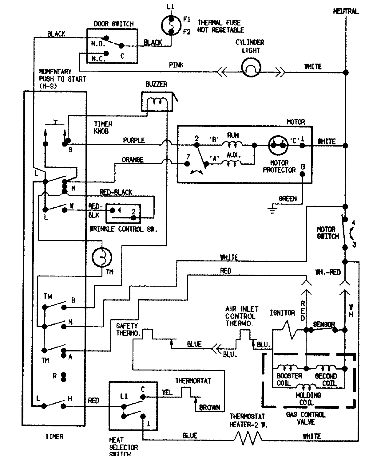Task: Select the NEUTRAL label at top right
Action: [x=346, y=11]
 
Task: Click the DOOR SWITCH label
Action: [x=113, y=24]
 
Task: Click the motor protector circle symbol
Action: [x=278, y=145]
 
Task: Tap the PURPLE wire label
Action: [x=134, y=140]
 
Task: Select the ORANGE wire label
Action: [x=133, y=160]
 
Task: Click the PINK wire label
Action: [x=176, y=65]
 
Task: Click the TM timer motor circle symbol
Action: [x=102, y=257]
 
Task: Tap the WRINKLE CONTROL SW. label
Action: [x=123, y=229]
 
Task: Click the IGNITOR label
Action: [x=282, y=313]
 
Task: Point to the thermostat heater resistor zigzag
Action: [x=248, y=437]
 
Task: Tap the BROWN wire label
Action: [x=210, y=408]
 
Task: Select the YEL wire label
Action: [x=167, y=392]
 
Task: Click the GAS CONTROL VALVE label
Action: [x=305, y=418]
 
